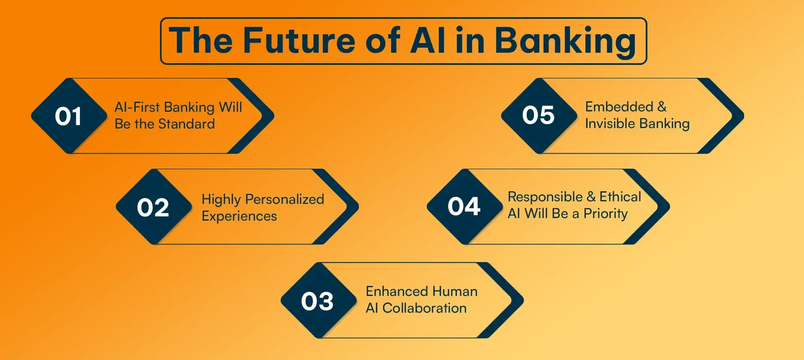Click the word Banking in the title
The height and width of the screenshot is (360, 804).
[565, 41]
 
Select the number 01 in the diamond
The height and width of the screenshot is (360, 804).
[68, 116]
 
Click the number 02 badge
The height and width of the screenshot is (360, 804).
[153, 207]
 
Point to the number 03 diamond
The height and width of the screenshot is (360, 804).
[317, 301]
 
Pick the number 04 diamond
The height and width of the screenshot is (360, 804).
[464, 206]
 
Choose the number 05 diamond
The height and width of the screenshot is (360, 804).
[538, 115]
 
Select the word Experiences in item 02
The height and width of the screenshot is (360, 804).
[239, 216]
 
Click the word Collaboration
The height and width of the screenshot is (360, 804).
[424, 308]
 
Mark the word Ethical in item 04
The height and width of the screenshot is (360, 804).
[620, 197]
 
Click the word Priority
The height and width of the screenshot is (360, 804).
[606, 214]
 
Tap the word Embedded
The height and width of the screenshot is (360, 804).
[619, 107]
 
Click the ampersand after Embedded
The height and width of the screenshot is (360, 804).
[662, 107]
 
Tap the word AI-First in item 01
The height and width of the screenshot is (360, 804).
[137, 107]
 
